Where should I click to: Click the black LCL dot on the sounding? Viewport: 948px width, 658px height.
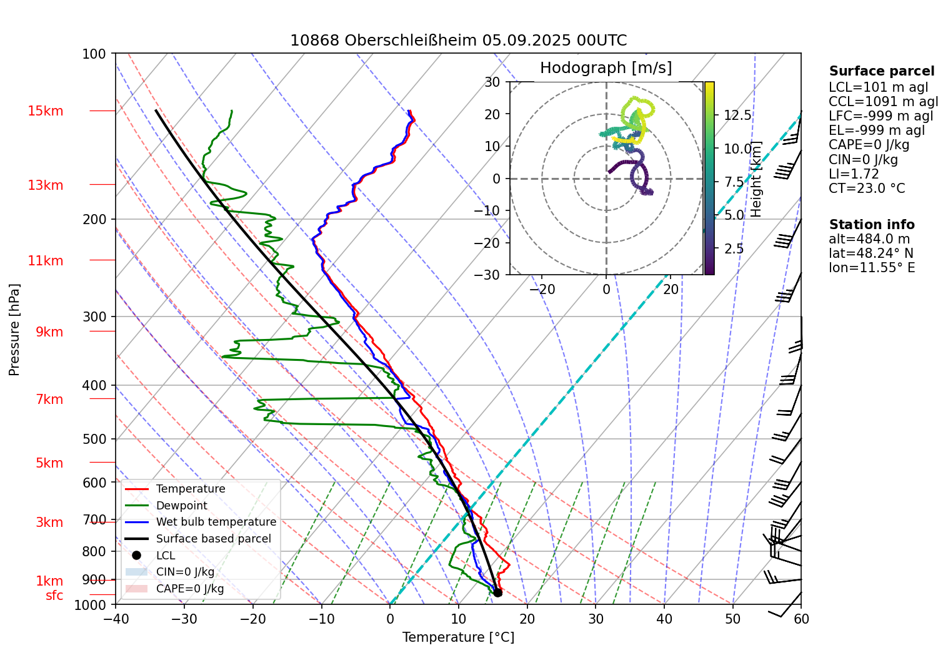pyautogui.click(x=497, y=592)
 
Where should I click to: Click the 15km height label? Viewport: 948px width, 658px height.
pyautogui.click(x=45, y=111)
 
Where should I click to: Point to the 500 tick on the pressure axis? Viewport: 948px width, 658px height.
pyautogui.click(x=94, y=439)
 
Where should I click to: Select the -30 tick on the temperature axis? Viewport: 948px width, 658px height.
pyautogui.click(x=184, y=619)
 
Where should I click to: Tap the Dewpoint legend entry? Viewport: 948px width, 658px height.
pyautogui.click(x=181, y=506)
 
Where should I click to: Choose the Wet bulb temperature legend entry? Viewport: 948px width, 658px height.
pyautogui.click(x=216, y=522)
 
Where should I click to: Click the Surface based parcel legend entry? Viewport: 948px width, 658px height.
pyautogui.click(x=213, y=539)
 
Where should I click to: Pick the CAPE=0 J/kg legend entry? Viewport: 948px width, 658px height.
pyautogui.click(x=189, y=589)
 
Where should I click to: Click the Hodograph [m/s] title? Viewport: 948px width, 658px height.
pyautogui.click(x=606, y=68)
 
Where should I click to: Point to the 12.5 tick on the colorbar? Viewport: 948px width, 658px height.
pyautogui.click(x=737, y=115)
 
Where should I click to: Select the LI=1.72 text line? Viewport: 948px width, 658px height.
pyautogui.click(x=854, y=174)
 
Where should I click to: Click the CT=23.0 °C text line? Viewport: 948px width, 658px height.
pyautogui.click(x=866, y=189)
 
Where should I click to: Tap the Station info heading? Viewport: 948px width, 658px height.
pyautogui.click(x=871, y=225)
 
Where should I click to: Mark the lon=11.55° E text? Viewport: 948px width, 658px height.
pyautogui.click(x=871, y=268)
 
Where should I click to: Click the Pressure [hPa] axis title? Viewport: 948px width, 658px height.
pyautogui.click(x=14, y=329)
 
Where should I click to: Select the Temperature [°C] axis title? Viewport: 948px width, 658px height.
pyautogui.click(x=458, y=637)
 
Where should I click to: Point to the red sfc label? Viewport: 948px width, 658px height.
pyautogui.click(x=54, y=596)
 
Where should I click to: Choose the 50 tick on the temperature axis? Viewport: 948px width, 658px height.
pyautogui.click(x=732, y=619)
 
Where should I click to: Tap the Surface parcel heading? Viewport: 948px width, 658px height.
pyautogui.click(x=881, y=71)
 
